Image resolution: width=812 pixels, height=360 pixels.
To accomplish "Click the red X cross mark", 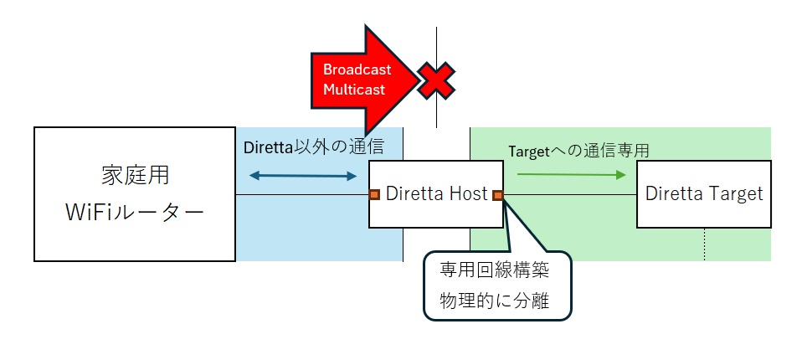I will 436,80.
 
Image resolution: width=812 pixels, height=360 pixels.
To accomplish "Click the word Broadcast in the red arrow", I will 357,69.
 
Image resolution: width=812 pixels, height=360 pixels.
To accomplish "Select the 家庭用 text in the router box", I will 134,177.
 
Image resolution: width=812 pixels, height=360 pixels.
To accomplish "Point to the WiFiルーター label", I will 134,213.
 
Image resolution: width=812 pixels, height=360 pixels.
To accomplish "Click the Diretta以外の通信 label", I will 313,147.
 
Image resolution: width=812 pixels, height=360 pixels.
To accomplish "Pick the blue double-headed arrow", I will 303,176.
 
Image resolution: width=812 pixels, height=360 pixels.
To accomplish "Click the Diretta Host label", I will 436,194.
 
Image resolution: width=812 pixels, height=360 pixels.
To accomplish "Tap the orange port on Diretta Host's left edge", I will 374,195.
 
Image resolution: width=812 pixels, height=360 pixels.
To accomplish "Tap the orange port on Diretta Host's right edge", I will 497,195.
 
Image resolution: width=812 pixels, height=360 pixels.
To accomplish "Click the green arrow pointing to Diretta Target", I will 572,175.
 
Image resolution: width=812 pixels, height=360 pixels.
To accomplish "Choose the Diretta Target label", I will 704,193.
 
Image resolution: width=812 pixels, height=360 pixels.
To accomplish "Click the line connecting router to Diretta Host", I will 301,195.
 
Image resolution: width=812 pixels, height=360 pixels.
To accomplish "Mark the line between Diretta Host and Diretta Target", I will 569,195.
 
